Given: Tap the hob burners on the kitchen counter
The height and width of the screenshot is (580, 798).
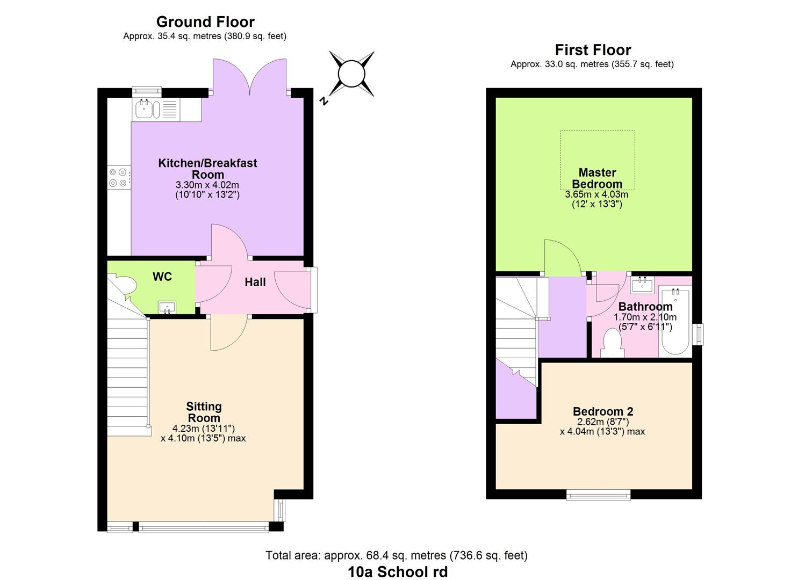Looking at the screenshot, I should pyautogui.click(x=118, y=178).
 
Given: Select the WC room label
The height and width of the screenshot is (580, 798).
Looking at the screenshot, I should pyautogui.click(x=162, y=277).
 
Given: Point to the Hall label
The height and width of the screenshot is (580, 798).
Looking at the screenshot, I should pyautogui.click(x=255, y=282).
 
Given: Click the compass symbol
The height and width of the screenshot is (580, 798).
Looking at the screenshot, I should pyautogui.click(x=351, y=74).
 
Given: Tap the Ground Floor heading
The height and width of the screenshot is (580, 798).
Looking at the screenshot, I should pyautogui.click(x=205, y=22).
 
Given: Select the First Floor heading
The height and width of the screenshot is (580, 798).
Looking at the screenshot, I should pyautogui.click(x=592, y=50).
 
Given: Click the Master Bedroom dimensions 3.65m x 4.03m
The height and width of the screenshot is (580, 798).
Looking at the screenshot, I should pyautogui.click(x=596, y=194).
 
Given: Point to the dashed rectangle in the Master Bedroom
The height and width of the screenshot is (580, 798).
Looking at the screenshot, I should pyautogui.click(x=597, y=160).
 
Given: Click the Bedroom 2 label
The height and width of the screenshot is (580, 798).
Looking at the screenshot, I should pyautogui.click(x=602, y=411).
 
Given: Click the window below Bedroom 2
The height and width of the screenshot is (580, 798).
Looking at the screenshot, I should pyautogui.click(x=598, y=495).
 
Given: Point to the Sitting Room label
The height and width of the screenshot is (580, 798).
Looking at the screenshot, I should pyautogui.click(x=204, y=412).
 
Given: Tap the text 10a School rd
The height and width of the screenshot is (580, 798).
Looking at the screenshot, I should pyautogui.click(x=398, y=572).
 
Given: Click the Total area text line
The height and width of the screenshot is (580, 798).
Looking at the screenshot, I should pyautogui.click(x=396, y=555).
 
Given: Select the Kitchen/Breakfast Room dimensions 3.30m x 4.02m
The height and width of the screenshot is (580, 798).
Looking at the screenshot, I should pyautogui.click(x=207, y=185).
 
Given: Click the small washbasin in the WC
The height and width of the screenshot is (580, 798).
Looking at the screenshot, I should pyautogui.click(x=167, y=308).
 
